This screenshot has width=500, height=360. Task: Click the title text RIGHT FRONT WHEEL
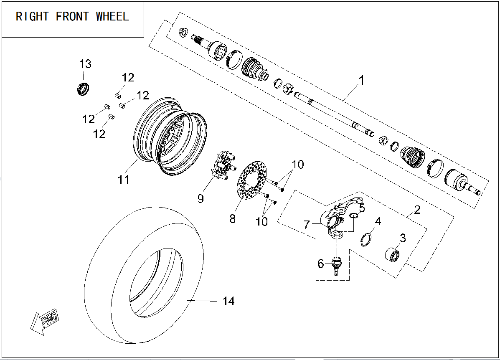pyautogui.click(x=72, y=17)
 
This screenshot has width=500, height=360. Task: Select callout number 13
pyautogui.click(x=85, y=64)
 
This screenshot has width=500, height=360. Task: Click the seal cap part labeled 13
pyautogui.click(x=83, y=89)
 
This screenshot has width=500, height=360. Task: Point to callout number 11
pyautogui.click(x=123, y=180)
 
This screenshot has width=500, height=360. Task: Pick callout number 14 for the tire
pyautogui.click(x=228, y=301)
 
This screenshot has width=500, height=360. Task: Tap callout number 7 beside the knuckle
pyautogui.click(x=307, y=225)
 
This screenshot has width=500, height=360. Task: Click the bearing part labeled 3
pyautogui.click(x=391, y=254)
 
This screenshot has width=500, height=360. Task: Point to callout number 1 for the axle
pyautogui.click(x=362, y=80)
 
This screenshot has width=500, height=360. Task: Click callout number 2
pyautogui.click(x=417, y=210)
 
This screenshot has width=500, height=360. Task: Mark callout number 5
pyautogui.click(x=362, y=208)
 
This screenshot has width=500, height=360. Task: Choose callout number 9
pyautogui.click(x=201, y=199)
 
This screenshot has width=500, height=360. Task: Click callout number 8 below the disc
pyautogui.click(x=232, y=218)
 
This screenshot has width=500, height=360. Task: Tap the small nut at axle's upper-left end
pyautogui.click(x=183, y=33)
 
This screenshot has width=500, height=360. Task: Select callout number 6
pyautogui.click(x=320, y=264)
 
